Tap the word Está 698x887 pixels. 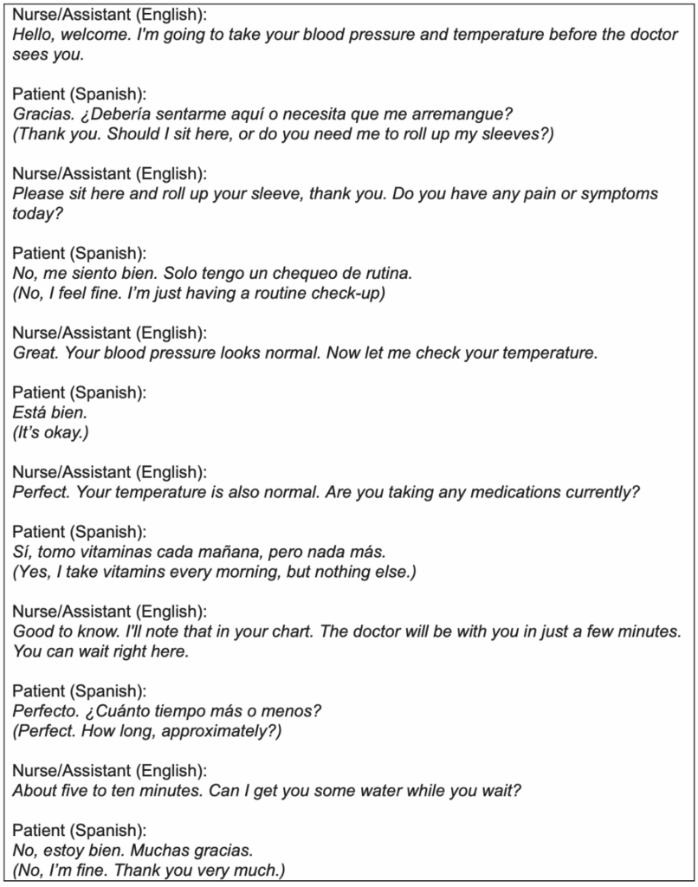pos(30,413)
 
